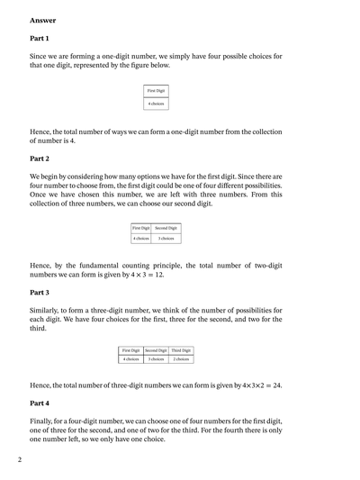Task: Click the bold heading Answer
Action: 41,19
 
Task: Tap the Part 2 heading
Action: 40,158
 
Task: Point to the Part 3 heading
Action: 40,293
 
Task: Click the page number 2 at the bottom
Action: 19,459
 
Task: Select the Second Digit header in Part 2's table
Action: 166,229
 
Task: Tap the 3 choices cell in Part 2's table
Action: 166,239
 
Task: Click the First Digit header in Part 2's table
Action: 140,229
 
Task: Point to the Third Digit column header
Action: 182,350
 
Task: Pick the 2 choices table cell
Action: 182,359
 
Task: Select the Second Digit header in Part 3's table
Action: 157,350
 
